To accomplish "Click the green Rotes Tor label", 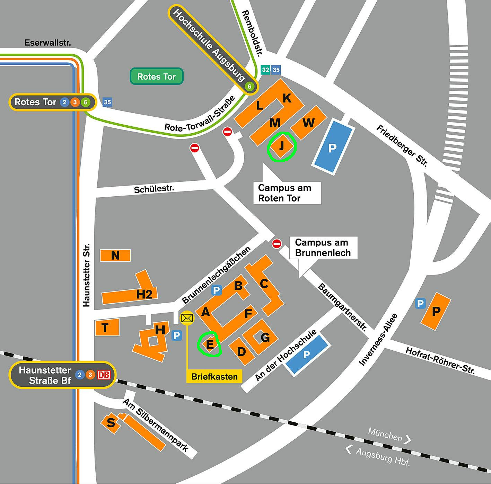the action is (x=156, y=76).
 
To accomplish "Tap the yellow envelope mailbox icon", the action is (x=187, y=318).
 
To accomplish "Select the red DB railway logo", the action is (x=104, y=375).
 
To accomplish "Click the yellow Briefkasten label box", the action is (x=214, y=376).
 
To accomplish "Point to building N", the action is (x=115, y=255).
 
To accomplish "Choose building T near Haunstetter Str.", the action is (x=107, y=327).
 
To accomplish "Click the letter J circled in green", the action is (x=282, y=146).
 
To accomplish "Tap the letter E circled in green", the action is (x=210, y=344).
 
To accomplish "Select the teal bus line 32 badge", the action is (x=265, y=70).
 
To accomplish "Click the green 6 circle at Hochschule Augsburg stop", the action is (x=249, y=86).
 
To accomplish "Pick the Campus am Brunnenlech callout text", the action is (x=323, y=248).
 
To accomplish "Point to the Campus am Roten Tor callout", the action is (x=284, y=193).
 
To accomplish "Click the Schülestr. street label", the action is (x=154, y=189).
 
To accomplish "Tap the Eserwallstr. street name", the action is (x=48, y=43).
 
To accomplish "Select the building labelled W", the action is (x=308, y=123).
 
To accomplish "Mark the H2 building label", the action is (x=144, y=294).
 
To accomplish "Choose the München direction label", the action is (x=385, y=434).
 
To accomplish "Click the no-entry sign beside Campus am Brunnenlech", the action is (x=277, y=243).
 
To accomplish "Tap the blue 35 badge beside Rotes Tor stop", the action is (x=107, y=102).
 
